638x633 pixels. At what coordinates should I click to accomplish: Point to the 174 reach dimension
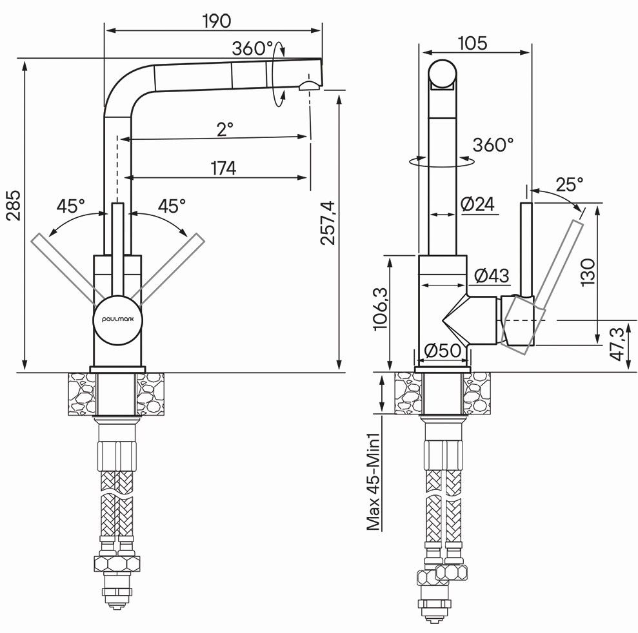coord(223,168)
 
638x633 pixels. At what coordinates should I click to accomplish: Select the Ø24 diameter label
coord(477,204)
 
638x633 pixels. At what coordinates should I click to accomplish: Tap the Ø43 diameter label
coord(492,276)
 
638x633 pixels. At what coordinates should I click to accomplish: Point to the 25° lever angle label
coord(569,185)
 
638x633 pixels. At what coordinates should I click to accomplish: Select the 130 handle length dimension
coord(588,268)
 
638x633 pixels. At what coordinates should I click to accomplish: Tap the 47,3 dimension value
coord(617,344)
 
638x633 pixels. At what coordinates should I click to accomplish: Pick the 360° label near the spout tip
coord(254,48)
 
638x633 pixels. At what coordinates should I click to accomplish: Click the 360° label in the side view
coord(493,144)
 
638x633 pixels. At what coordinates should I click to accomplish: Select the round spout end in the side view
coord(442,73)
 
